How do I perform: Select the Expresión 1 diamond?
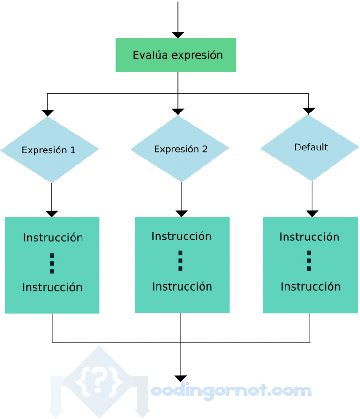coord(49,150)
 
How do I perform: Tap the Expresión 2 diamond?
coord(180,149)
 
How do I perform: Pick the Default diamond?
coord(310,148)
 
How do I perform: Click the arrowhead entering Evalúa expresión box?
coord(178,35)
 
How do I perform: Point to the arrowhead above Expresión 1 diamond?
coord(48,113)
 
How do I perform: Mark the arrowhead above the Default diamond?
coord(309,111)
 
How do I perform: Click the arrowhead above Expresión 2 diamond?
coord(178,112)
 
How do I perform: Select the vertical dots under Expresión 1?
coord(52,263)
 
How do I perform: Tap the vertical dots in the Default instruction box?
coord(308,261)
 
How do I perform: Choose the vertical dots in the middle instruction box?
coord(180,261)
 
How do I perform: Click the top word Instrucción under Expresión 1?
coord(53,238)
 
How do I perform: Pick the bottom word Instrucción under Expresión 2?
coord(182,286)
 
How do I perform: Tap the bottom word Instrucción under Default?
coord(310,286)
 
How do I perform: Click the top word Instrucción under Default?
coord(309,237)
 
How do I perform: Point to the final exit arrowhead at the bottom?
coord(180,379)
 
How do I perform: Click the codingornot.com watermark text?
coord(231,390)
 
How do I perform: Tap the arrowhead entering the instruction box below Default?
coord(312,213)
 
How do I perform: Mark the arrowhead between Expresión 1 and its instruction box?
coord(52,214)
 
